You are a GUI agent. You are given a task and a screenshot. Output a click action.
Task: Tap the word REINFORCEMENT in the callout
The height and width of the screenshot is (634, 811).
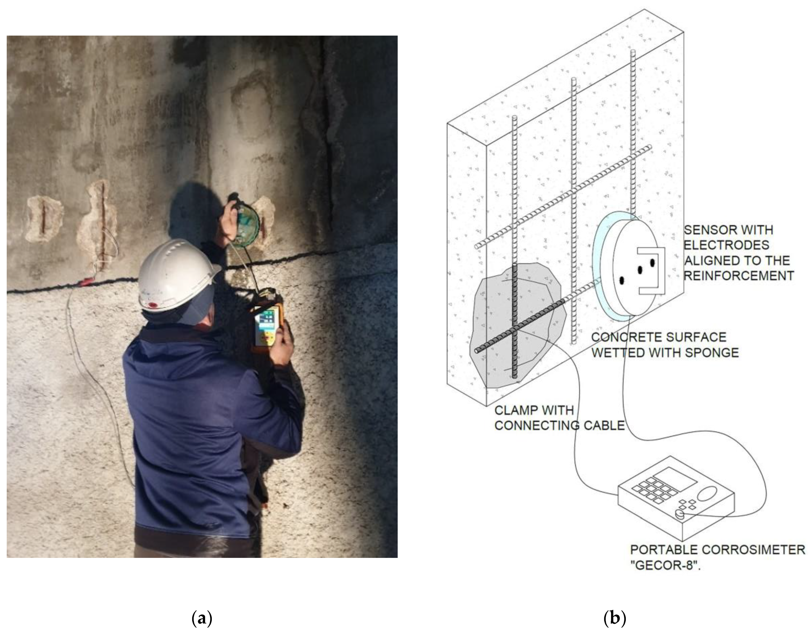coord(739,276)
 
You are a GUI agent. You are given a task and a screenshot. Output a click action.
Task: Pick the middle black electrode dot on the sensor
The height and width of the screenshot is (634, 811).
coord(640,270)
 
